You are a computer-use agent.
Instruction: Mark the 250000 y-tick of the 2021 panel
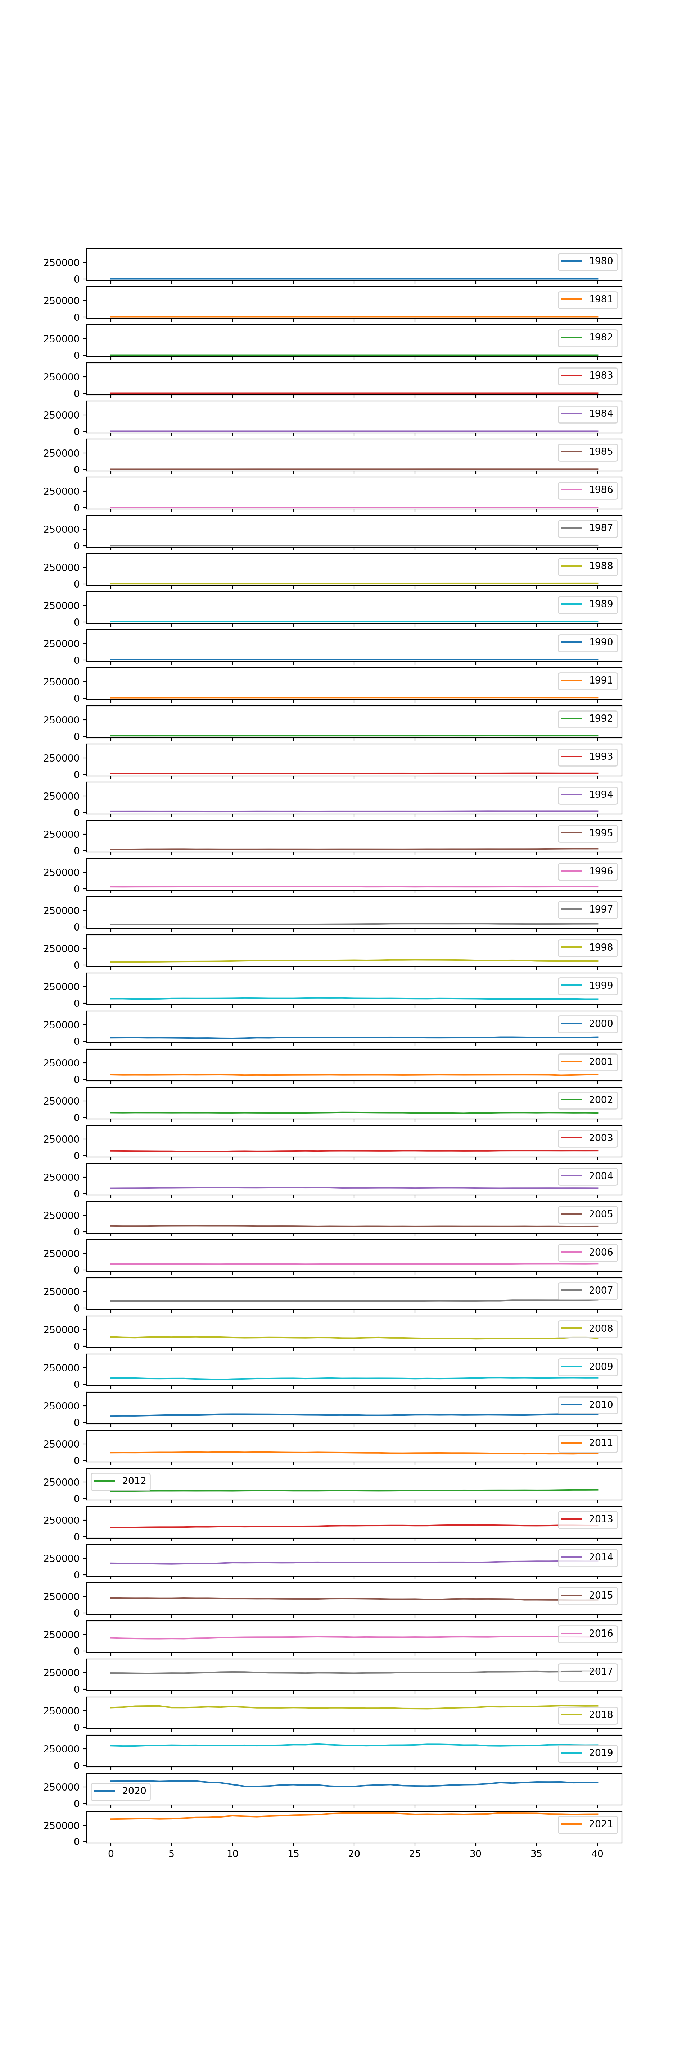[x=61, y=1825]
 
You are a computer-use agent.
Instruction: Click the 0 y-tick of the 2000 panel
[x=76, y=1041]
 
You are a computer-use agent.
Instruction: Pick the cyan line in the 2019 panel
[x=354, y=1745]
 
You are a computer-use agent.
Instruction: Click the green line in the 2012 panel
[x=354, y=1491]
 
